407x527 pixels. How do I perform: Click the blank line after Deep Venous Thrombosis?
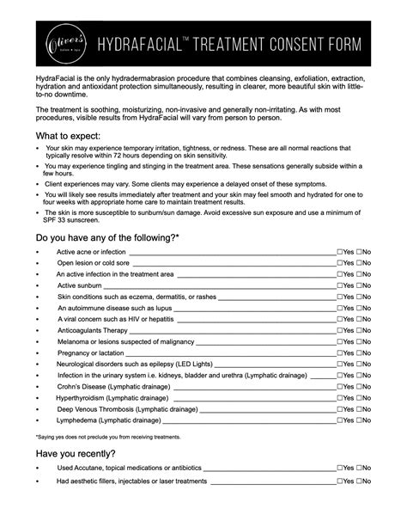pos(265,411)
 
